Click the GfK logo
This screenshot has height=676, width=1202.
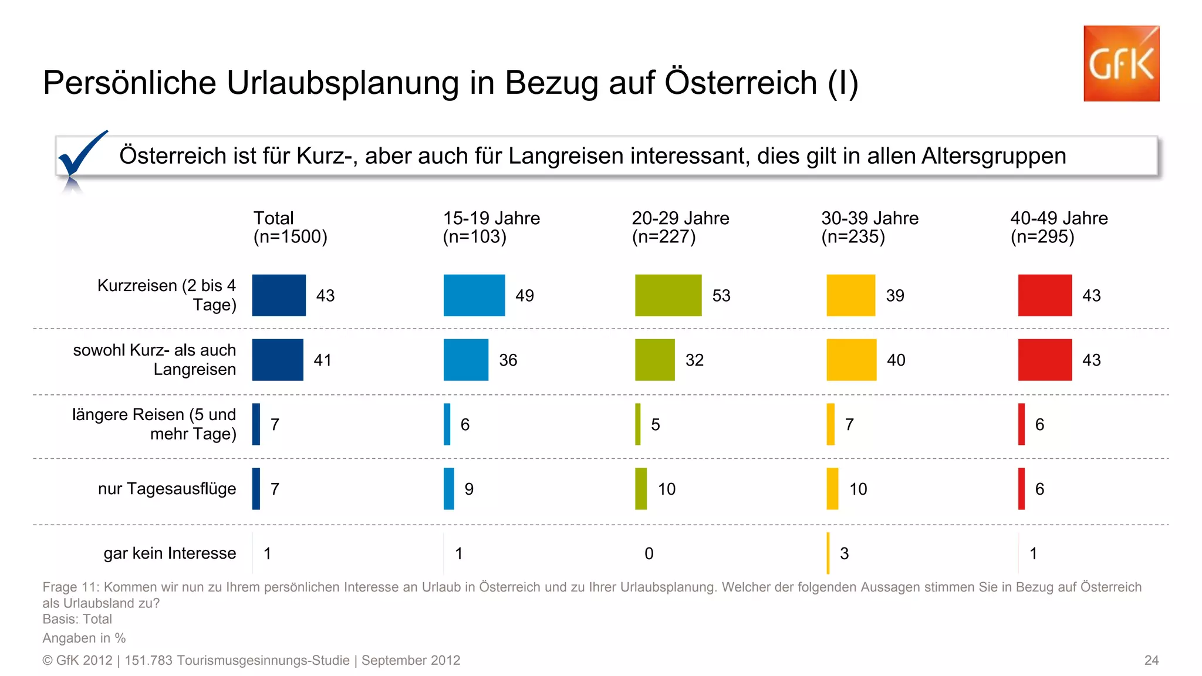[1121, 63]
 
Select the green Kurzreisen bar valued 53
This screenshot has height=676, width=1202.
[668, 295]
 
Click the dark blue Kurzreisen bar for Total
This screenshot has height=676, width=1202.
[279, 295]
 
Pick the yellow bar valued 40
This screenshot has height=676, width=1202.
[851, 360]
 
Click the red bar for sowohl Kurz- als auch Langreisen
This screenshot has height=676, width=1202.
[1045, 360]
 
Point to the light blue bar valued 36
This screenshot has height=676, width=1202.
[465, 360]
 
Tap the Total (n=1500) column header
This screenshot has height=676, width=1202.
[290, 227]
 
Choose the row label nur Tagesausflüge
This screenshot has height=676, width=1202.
[167, 488]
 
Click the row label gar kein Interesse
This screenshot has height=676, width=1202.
[170, 553]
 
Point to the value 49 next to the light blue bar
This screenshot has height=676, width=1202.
[525, 295]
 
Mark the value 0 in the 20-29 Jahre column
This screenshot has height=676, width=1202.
[649, 553]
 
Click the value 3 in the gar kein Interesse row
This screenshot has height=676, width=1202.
[844, 553]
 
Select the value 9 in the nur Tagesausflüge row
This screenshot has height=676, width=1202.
[469, 489]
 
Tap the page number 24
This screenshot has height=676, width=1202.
[1151, 660]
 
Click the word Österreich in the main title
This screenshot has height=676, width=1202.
[741, 83]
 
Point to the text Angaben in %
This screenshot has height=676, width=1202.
[84, 638]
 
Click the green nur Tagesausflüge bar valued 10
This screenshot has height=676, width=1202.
[641, 489]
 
